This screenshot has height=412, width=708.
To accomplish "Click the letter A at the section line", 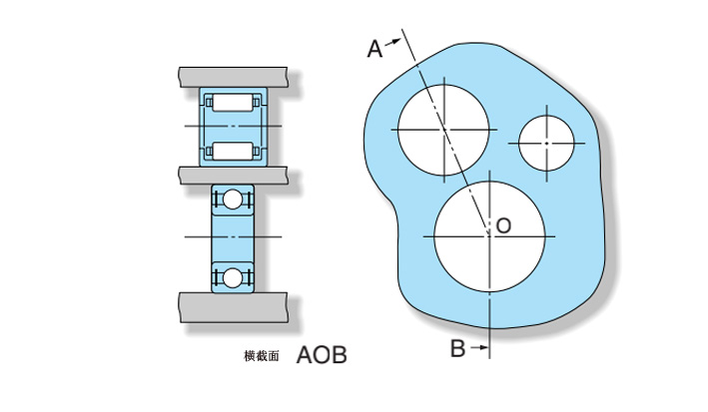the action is (374, 49).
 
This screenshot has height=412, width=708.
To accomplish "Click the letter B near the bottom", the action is (457, 348).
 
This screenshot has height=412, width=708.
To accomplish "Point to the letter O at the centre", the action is (503, 225).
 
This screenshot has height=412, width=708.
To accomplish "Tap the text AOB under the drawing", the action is (322, 355).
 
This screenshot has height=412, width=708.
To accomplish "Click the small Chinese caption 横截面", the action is (262, 356).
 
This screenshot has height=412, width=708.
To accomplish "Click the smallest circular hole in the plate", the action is (546, 144).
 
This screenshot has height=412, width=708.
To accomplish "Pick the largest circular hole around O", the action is (489, 236).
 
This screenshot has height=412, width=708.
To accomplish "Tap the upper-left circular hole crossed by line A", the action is (443, 130).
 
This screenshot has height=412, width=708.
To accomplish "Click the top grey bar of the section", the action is (233, 77).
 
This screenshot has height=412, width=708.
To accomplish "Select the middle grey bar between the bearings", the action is (233, 176).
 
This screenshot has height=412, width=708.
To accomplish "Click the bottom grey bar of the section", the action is (233, 307).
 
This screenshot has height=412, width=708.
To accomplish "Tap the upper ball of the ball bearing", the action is (233, 200).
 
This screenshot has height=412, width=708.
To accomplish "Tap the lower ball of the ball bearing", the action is (233, 278).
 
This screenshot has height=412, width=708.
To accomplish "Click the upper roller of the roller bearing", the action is (233, 103).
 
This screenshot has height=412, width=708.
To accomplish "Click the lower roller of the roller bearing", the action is (233, 151).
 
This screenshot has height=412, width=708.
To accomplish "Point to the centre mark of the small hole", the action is (546, 144).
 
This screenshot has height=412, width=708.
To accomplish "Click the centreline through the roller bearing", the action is (233, 126).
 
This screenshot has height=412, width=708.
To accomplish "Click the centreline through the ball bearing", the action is (233, 236).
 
